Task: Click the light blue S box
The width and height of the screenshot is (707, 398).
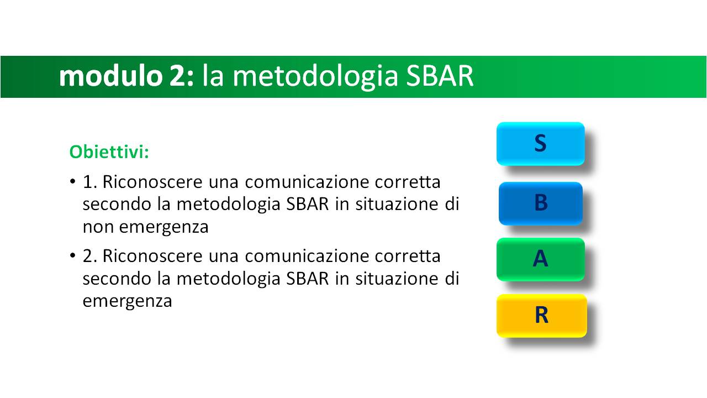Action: pos(540,144)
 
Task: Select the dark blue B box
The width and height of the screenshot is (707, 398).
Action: pos(541,203)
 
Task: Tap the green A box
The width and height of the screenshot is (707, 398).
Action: pos(540,259)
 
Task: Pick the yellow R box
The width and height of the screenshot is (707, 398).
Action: pos(542,316)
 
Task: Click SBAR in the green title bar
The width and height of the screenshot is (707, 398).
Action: pos(440,76)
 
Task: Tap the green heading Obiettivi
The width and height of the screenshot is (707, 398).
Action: pos(109,152)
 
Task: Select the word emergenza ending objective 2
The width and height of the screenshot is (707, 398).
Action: pos(127,301)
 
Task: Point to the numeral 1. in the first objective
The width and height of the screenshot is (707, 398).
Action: pos(89,182)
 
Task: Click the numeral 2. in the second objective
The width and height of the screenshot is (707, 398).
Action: pos(89,256)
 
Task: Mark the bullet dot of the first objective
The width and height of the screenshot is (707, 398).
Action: pos(73,181)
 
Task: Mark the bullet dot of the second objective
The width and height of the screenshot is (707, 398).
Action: pos(73,255)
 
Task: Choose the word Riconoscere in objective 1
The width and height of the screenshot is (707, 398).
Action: pos(152,182)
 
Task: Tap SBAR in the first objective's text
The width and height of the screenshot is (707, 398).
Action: pos(308,205)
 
